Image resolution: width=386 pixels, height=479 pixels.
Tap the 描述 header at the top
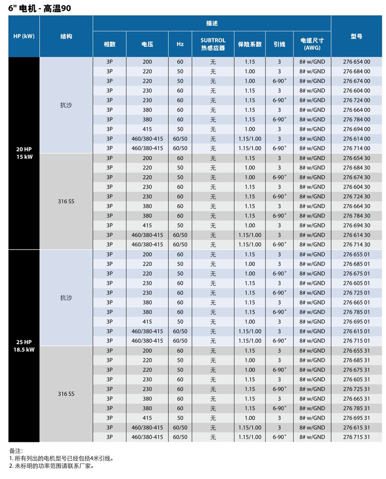click(212, 23)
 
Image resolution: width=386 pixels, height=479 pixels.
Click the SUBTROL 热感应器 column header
click(213, 44)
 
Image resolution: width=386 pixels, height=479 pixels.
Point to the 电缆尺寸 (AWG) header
click(312, 44)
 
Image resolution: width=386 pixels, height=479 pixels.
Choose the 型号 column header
click(357, 37)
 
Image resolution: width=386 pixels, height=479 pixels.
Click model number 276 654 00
click(357, 62)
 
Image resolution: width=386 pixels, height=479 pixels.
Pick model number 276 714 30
click(357, 245)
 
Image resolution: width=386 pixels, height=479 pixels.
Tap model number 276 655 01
click(357, 254)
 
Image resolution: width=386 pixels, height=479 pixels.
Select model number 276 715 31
click(357, 437)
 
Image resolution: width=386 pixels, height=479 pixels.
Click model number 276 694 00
click(357, 129)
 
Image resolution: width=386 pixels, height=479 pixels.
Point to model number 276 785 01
click(357, 312)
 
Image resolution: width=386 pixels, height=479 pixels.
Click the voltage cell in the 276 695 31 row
click(147, 418)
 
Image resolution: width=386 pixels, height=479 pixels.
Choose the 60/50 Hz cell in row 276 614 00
click(180, 139)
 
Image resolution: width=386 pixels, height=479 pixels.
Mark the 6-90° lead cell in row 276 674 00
click(279, 81)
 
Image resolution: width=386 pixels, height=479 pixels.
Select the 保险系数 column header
click(250, 44)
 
